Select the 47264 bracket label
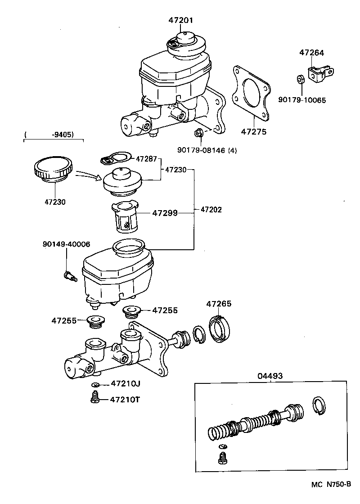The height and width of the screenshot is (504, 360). (311, 53)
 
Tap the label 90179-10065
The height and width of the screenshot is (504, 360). (301, 100)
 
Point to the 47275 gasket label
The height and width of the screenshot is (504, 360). (253, 132)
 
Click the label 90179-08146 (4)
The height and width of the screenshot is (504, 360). (207, 151)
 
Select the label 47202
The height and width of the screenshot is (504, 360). (211, 209)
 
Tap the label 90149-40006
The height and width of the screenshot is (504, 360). (66, 244)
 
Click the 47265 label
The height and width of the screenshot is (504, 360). (219, 304)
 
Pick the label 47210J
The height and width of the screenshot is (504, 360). (126, 384)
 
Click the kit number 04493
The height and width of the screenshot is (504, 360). (270, 376)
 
